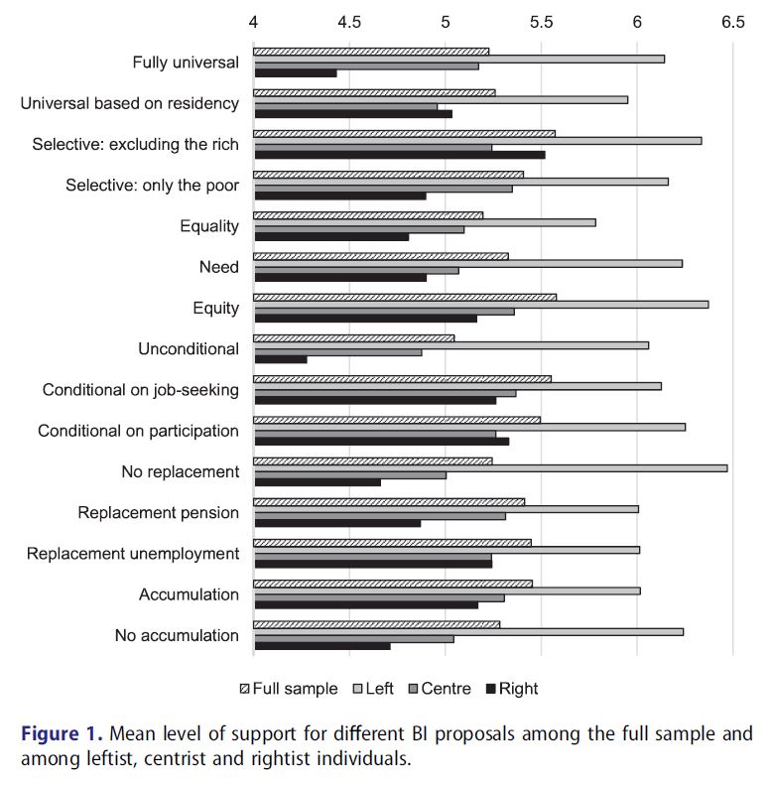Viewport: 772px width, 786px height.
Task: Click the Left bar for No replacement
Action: pyautogui.click(x=490, y=467)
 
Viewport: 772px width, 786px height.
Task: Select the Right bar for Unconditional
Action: pyautogui.click(x=280, y=359)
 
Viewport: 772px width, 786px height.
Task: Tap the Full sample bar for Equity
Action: pyautogui.click(x=405, y=296)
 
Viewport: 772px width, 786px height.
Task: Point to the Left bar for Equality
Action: pyautogui.click(x=425, y=222)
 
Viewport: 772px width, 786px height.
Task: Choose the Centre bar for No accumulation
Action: pyautogui.click(x=353, y=639)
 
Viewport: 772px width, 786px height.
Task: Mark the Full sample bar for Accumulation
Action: pyautogui.click(x=393, y=584)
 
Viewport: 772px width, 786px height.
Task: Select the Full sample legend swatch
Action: pyautogui.click(x=244, y=689)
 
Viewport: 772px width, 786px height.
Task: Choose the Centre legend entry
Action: pyautogui.click(x=447, y=689)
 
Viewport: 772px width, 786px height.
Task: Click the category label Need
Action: pyautogui.click(x=219, y=267)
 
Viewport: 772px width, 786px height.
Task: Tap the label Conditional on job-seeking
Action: pyautogui.click(x=141, y=390)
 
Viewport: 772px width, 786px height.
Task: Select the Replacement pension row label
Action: pyautogui.click(x=159, y=513)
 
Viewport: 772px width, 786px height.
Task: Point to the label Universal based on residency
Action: pyautogui.click(x=130, y=103)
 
